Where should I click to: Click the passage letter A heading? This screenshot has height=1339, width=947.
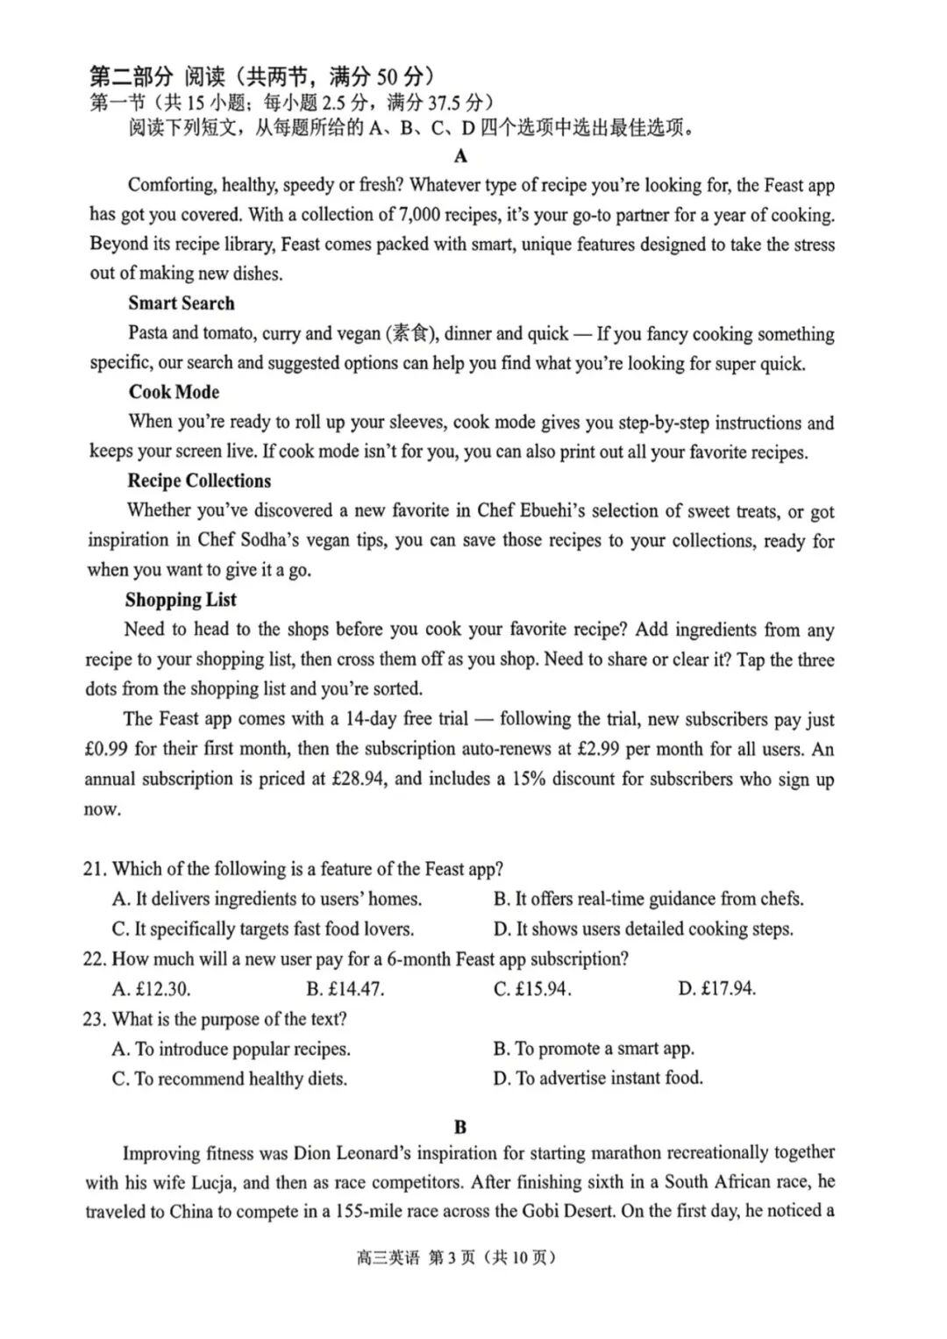click(460, 156)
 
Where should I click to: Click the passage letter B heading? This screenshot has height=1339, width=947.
click(460, 1127)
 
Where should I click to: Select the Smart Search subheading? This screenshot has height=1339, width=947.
click(182, 303)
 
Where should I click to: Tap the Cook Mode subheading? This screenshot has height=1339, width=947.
click(174, 392)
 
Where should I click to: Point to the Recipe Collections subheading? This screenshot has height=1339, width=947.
click(199, 481)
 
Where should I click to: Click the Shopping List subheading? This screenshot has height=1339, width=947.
click(181, 600)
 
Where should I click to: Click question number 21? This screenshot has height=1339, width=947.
click(95, 869)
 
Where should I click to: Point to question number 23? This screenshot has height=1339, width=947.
click(95, 1019)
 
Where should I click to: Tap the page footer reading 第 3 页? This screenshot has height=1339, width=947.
click(451, 1257)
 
